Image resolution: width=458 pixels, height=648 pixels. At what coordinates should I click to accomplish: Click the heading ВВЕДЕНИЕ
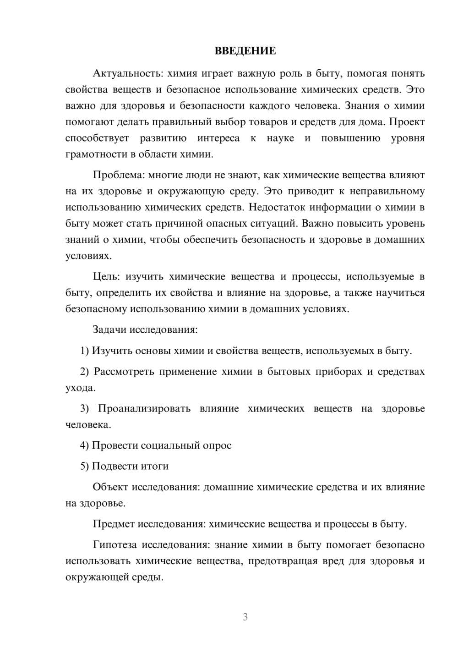[245, 51]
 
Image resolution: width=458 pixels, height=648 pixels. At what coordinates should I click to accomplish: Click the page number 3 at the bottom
[245, 617]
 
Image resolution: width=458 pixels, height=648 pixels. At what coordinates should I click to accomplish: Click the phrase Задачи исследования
[145, 329]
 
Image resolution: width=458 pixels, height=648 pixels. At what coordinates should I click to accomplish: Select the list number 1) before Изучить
[84, 351]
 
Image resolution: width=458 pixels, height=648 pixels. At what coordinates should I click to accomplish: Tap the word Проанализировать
[144, 408]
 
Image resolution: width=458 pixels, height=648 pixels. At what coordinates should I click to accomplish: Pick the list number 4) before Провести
[84, 445]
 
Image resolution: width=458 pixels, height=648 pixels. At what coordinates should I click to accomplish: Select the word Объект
[110, 487]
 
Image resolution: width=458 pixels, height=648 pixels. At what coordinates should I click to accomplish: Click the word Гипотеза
[115, 545]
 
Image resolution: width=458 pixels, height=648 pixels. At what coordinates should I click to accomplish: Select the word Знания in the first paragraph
[361, 106]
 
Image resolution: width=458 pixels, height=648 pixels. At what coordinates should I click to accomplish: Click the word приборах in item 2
[338, 371]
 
